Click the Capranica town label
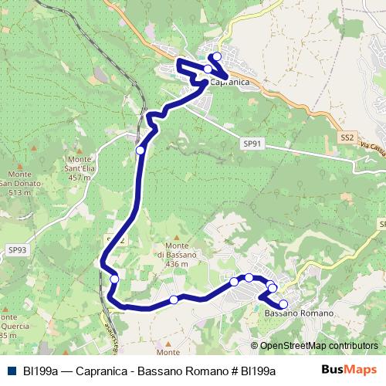229,82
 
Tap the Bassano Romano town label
299,313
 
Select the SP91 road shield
253,144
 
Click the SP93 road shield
18,249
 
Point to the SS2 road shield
347,137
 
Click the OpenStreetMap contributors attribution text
319,346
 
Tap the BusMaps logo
350,371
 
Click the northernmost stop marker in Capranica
217,56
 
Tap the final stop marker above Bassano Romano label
283,304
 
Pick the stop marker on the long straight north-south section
140,151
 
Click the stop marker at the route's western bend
114,279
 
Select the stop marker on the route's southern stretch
174,300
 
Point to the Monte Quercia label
9,326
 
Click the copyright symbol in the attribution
254,346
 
